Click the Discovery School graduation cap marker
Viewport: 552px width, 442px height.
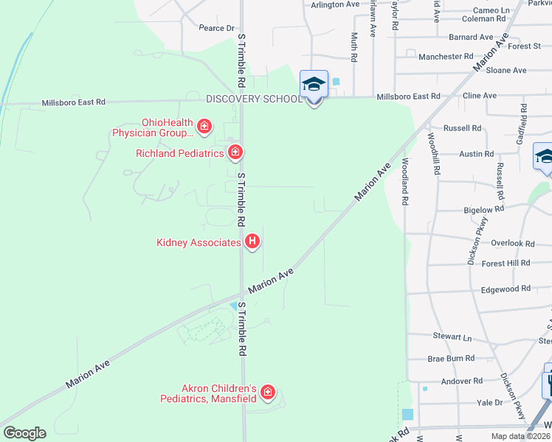pos(314,85)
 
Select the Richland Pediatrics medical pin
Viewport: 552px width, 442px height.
pos(235,152)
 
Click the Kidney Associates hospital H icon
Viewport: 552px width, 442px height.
pos(252,241)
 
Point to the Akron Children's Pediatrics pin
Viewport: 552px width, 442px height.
pos(267,393)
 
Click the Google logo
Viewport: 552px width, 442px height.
pos(24,433)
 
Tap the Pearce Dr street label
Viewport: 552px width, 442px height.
pos(216,28)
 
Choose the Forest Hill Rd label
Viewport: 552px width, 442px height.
pos(506,263)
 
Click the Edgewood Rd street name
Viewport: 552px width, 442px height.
pos(505,289)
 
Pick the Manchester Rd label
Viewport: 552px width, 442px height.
pos(446,56)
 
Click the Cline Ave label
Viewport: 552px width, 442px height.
pos(479,96)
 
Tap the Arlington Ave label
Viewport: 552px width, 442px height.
pos(335,4)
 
